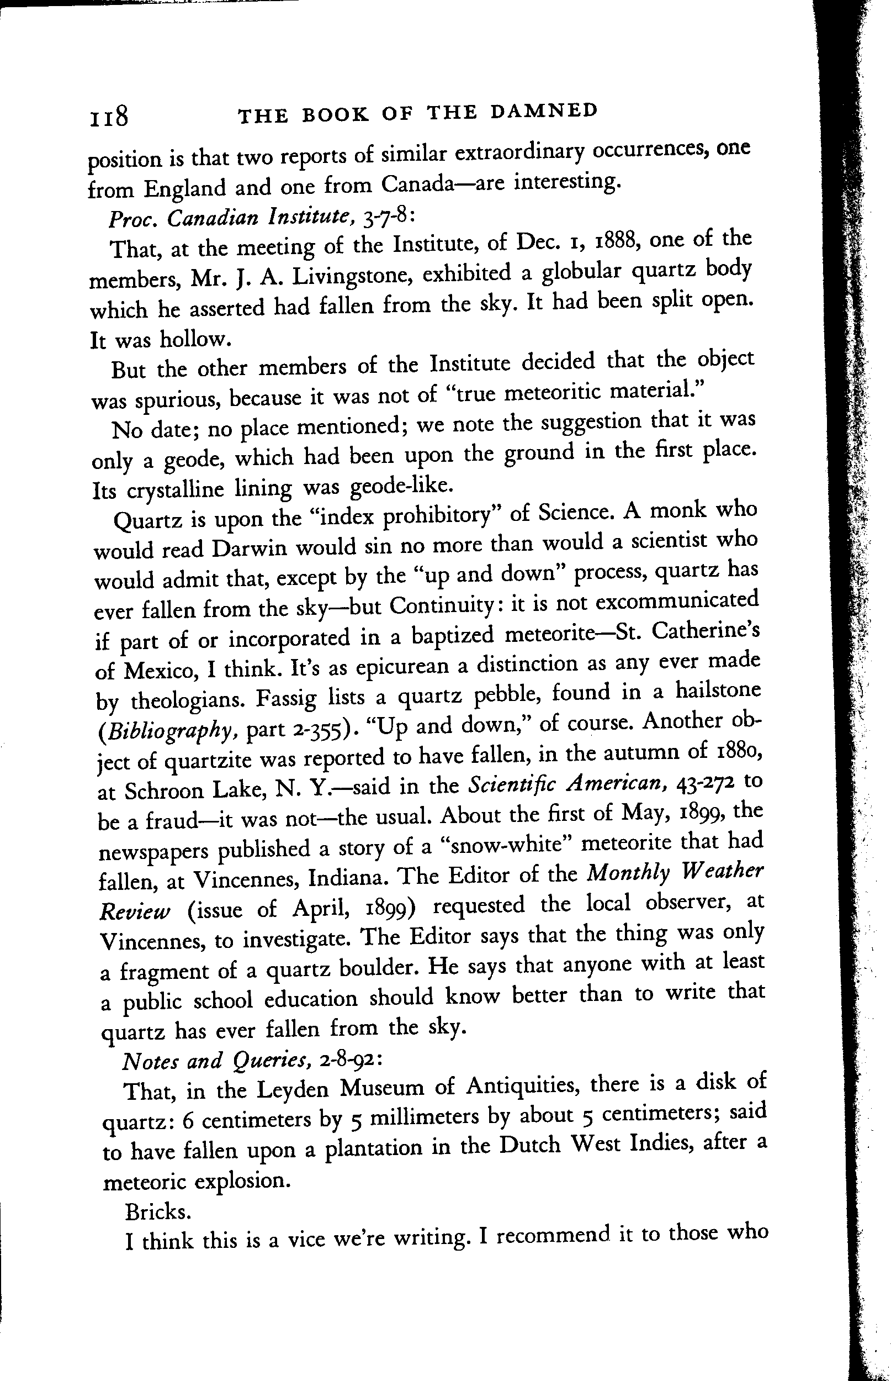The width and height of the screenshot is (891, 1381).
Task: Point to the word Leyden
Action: [293, 1090]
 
